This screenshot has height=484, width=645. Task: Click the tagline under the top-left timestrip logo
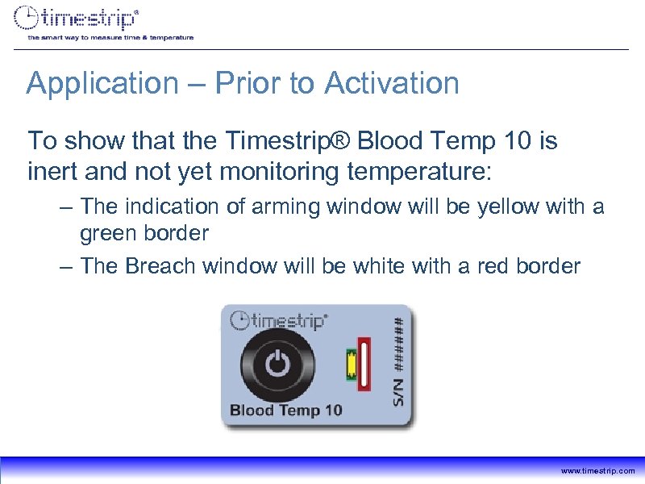[110, 37]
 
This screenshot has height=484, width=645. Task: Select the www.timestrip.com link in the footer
[597, 471]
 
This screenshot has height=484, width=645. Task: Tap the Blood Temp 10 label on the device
[285, 410]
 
